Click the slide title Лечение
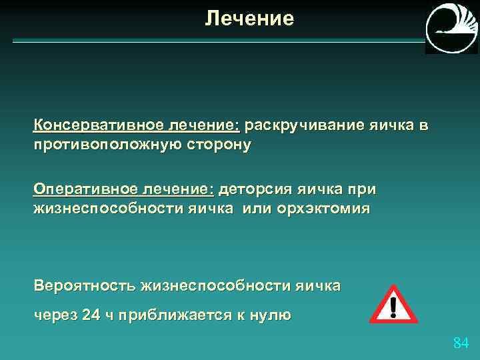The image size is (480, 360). (249, 19)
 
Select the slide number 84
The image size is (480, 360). (461, 343)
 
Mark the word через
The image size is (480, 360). (54, 315)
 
